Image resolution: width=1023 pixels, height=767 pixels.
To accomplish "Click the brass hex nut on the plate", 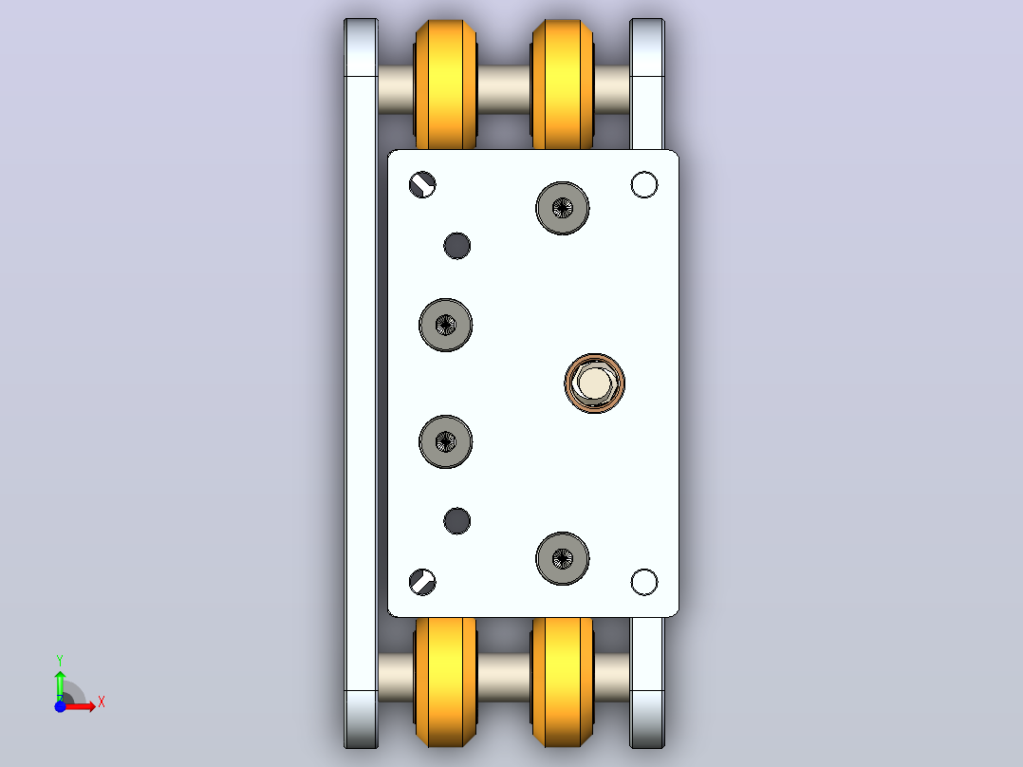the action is (594, 383).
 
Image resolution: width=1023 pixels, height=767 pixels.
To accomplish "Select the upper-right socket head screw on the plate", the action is (563, 208).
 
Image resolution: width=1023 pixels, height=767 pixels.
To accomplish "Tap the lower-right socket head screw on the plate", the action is (563, 559).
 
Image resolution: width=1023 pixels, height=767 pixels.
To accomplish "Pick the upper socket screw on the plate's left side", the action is (446, 325).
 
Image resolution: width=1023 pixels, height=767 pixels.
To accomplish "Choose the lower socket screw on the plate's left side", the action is (446, 442).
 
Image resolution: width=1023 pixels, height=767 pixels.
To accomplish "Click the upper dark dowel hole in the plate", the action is (456, 246).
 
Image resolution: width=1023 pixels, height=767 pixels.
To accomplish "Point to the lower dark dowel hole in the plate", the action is (456, 521).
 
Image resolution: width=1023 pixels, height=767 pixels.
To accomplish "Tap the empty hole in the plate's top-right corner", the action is (644, 185).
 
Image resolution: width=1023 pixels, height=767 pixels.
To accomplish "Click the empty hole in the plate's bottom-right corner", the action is (644, 582).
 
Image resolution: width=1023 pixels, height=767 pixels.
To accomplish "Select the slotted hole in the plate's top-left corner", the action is (422, 185).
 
